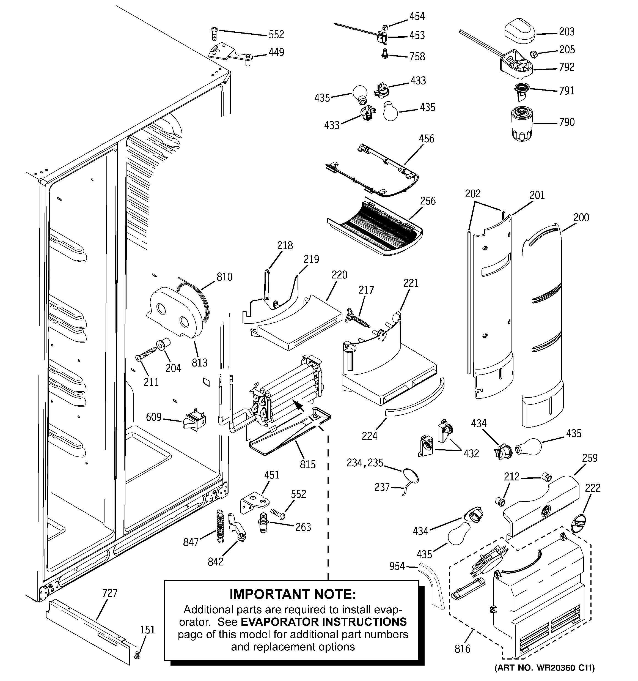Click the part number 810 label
point(224,277)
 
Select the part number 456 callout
point(426,139)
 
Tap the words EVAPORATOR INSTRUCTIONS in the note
point(324,622)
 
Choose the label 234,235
point(365,463)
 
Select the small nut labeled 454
point(384,26)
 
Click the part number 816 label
point(462,649)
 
